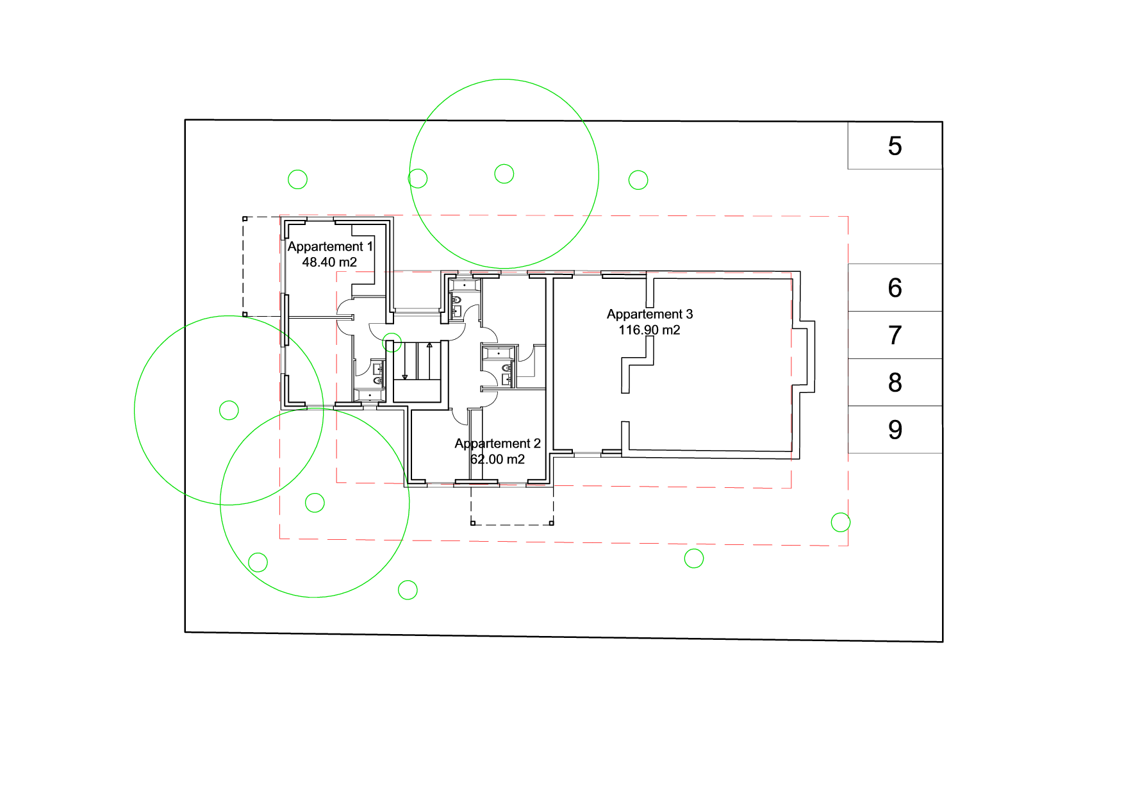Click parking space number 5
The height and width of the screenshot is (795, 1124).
pyautogui.click(x=895, y=146)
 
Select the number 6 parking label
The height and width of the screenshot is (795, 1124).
pyautogui.click(x=895, y=288)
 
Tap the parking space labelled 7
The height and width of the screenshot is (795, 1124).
pyautogui.click(x=895, y=335)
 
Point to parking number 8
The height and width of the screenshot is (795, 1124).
pyautogui.click(x=895, y=383)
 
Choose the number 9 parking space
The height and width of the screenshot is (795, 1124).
pyautogui.click(x=895, y=430)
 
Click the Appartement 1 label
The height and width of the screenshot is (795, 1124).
pyautogui.click(x=330, y=247)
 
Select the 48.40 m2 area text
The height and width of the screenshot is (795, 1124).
pyautogui.click(x=329, y=262)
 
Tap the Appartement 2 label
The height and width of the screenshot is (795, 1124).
pyautogui.click(x=497, y=444)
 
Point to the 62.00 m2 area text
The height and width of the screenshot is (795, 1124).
pyautogui.click(x=497, y=460)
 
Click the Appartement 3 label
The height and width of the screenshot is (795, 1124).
pyautogui.click(x=650, y=314)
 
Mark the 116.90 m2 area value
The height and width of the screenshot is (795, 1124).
pyautogui.click(x=649, y=330)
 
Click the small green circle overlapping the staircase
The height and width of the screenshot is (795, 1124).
pyautogui.click(x=392, y=342)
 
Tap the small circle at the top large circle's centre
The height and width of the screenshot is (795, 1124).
pyautogui.click(x=504, y=174)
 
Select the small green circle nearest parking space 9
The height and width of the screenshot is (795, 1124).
pyautogui.click(x=840, y=523)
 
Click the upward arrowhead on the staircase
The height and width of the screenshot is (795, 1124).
pyautogui.click(x=429, y=346)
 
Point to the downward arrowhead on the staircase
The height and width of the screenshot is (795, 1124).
pyautogui.click(x=405, y=377)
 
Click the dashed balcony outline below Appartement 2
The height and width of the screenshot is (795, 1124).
pyautogui.click(x=512, y=524)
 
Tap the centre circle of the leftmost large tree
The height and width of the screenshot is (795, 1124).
pyautogui.click(x=229, y=410)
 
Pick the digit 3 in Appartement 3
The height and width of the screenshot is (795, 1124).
pyautogui.click(x=690, y=314)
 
